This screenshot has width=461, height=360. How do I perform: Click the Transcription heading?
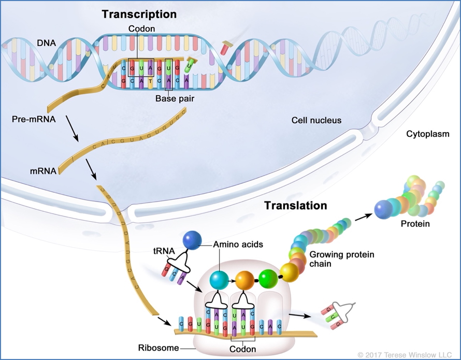point(139,14)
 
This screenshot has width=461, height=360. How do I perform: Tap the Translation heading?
point(296,205)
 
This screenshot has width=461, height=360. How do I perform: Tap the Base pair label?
point(175,98)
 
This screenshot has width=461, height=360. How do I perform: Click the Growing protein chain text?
point(334,259)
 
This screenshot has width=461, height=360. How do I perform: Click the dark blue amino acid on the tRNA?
point(192,241)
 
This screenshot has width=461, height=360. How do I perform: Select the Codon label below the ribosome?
point(243,349)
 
